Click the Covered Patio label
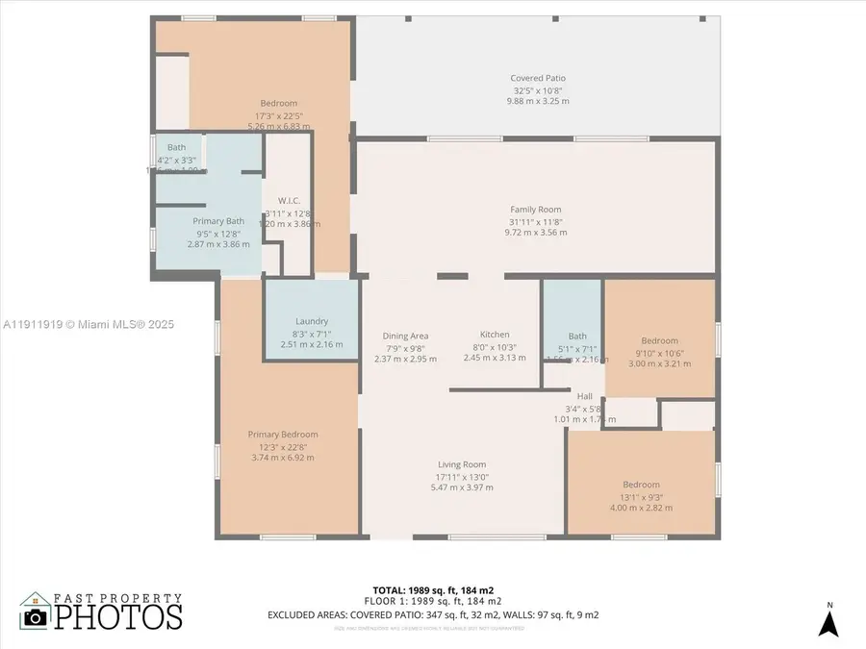pyautogui.click(x=538, y=79)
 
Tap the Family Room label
pyautogui.click(x=536, y=210)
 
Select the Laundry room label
pyautogui.click(x=312, y=321)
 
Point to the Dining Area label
pyautogui.click(x=405, y=336)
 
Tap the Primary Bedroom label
pyautogui.click(x=283, y=435)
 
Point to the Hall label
pyautogui.click(x=584, y=396)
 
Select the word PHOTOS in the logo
pyautogui.click(x=117, y=616)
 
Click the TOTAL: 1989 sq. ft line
pyautogui.click(x=433, y=589)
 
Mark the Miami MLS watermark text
pyautogui.click(x=93, y=325)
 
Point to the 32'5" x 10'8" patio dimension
pyautogui.click(x=538, y=90)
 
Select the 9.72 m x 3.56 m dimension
pyautogui.click(x=536, y=232)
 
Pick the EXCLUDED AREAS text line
pyautogui.click(x=433, y=613)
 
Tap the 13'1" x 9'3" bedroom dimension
pyautogui.click(x=641, y=496)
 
